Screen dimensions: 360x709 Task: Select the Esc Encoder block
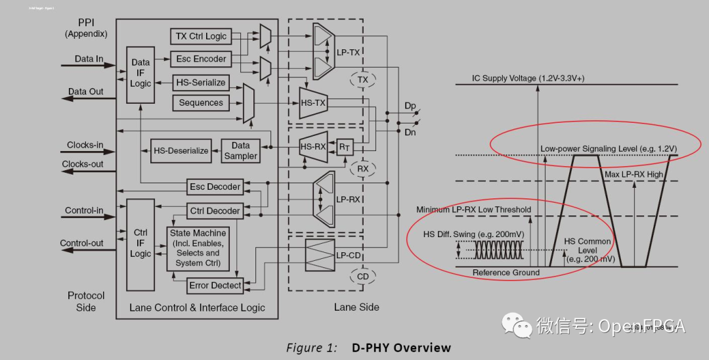click(x=201, y=59)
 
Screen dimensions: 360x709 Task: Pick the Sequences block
click(x=201, y=103)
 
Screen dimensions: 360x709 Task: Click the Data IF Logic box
click(x=140, y=74)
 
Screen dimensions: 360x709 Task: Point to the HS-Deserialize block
click(x=181, y=150)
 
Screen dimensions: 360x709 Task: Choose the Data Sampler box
click(x=240, y=150)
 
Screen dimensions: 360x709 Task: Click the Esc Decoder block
click(x=215, y=187)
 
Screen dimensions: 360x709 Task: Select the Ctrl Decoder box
click(x=215, y=211)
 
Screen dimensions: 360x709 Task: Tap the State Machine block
click(x=198, y=248)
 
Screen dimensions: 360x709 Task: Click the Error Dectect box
click(x=215, y=285)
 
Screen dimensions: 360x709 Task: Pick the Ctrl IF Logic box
click(x=140, y=243)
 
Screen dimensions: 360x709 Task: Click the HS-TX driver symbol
click(x=313, y=103)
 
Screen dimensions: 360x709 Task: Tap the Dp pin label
click(x=410, y=106)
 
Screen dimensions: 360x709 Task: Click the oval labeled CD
click(x=362, y=277)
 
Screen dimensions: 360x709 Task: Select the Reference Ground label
click(x=506, y=273)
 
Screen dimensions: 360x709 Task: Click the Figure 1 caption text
click(x=368, y=348)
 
